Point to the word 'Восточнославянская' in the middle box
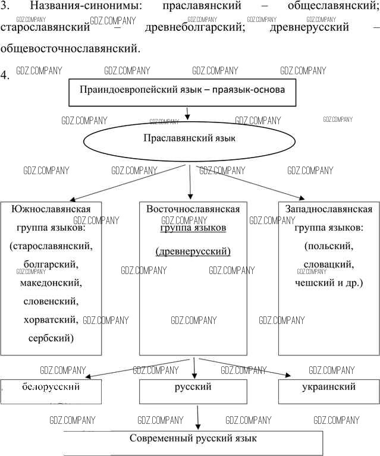[193, 209]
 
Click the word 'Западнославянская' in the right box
[329, 209]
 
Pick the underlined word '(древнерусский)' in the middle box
[193, 251]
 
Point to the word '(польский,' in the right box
[329, 246]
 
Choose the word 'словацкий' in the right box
[329, 264]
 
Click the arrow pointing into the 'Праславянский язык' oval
[187, 113]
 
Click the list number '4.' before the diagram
[6, 76]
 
